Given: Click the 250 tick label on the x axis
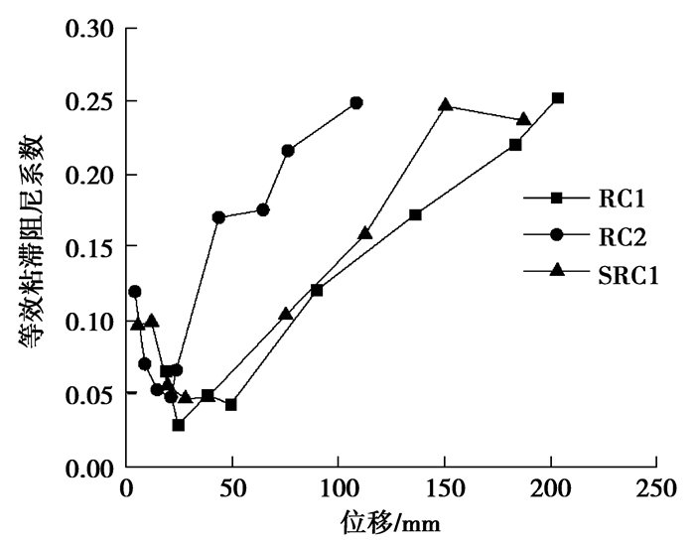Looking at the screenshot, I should click(x=655, y=490).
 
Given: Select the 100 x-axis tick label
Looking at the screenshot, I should click(x=338, y=490).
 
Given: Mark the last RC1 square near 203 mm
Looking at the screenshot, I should click(x=558, y=98).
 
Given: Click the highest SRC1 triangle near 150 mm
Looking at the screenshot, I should click(x=446, y=104).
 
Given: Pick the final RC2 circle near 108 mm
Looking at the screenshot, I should click(x=356, y=102).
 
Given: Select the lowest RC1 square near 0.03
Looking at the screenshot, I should click(x=178, y=425).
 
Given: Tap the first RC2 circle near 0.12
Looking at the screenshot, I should click(x=135, y=291).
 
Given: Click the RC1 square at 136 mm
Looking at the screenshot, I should click(x=415, y=214).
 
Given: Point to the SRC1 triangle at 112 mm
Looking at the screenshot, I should click(x=364, y=233).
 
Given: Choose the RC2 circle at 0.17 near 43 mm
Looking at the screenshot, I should click(x=218, y=217).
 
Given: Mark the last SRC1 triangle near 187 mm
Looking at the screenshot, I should click(x=523, y=119).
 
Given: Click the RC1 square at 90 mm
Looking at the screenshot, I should click(x=317, y=290).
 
